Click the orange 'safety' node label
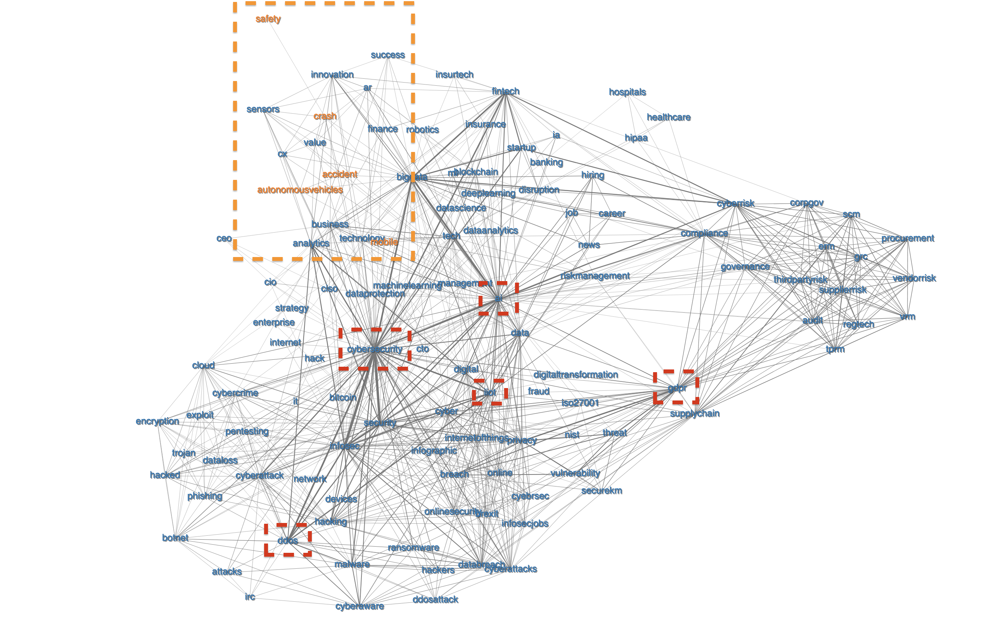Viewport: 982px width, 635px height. coord(268,19)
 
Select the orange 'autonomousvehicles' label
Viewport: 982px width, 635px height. coord(300,190)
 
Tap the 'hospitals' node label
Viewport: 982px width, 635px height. coord(627,92)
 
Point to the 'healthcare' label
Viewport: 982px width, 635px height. coord(668,117)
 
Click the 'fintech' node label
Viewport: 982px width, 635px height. coord(505,91)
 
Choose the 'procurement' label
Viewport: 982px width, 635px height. coord(908,239)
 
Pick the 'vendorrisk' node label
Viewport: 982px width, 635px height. coord(914,279)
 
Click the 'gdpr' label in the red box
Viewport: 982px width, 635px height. coord(677,388)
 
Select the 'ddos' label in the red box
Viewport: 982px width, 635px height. coord(287,540)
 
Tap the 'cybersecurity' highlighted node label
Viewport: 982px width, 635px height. coord(375,350)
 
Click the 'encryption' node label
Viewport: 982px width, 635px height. coord(157,421)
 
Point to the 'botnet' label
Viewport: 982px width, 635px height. coord(175,538)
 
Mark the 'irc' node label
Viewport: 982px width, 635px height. coord(250,597)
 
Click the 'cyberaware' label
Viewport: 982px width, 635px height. coord(360,607)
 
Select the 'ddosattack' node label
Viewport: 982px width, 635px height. coord(435,600)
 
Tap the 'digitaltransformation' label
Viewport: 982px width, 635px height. coord(575,375)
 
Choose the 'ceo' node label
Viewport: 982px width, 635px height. coord(224,239)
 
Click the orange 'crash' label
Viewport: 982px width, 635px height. coord(325,117)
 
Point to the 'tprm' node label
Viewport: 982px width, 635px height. coord(835,350)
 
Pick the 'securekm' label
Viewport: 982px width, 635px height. coord(601,491)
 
